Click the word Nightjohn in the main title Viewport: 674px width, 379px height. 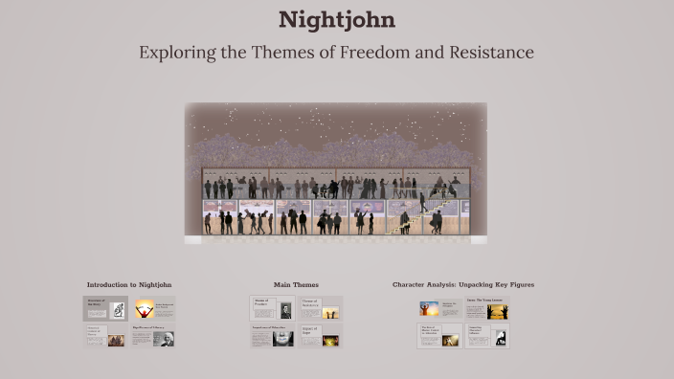click(336, 19)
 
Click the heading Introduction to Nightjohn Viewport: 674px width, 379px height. click(129, 284)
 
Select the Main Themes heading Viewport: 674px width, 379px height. click(296, 284)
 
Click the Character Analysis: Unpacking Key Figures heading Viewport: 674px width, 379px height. click(463, 284)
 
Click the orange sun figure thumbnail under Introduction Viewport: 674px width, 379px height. click(145, 308)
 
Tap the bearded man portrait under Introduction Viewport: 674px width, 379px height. click(165, 338)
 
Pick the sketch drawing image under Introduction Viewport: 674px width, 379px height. click(118, 309)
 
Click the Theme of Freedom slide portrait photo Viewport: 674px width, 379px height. click(285, 310)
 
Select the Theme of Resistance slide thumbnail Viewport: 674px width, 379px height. click(320, 308)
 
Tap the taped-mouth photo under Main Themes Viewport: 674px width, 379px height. click(283, 338)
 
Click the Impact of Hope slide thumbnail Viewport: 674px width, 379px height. click(320, 335)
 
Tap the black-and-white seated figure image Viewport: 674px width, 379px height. click(500, 337)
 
